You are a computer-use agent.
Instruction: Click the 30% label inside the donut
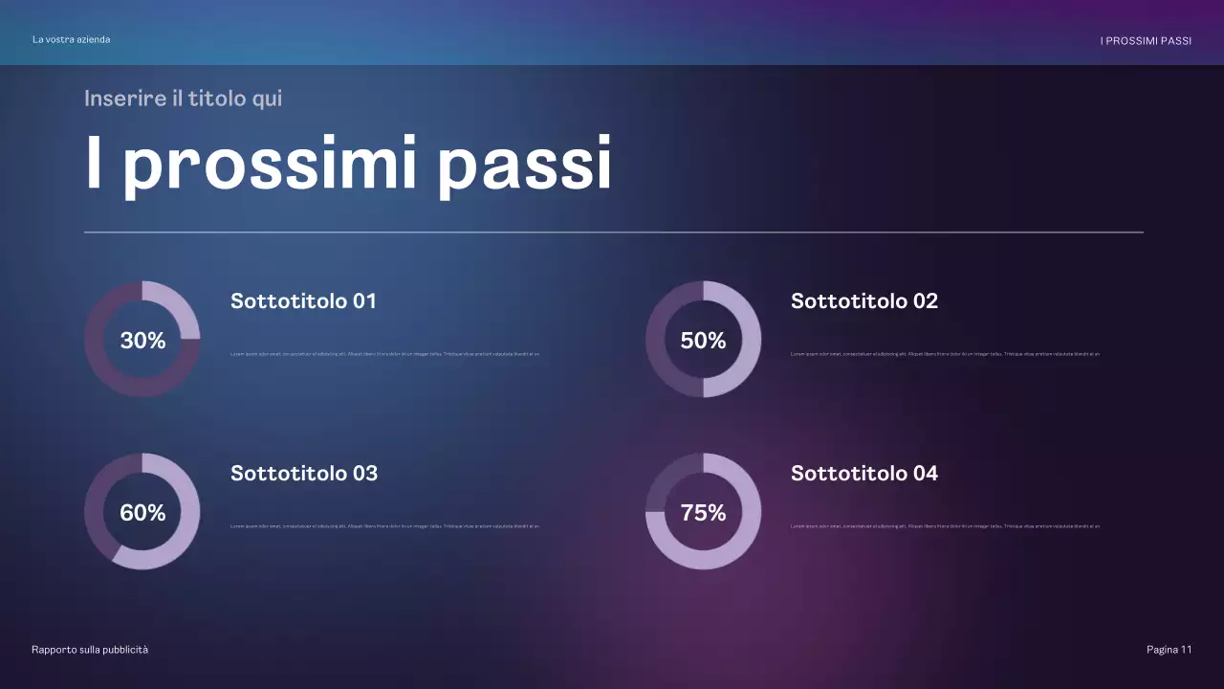click(142, 340)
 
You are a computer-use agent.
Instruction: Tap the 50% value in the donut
click(703, 340)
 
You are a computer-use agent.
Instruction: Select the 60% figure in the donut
click(142, 512)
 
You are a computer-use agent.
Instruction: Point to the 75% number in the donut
click(703, 512)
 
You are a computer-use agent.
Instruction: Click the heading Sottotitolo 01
click(303, 300)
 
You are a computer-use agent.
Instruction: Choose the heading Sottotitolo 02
click(863, 300)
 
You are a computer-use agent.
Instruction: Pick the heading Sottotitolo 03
click(304, 473)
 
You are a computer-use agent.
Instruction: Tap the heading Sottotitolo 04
click(863, 473)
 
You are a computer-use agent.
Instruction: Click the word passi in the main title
click(524, 164)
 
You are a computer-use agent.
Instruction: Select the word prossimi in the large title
click(270, 164)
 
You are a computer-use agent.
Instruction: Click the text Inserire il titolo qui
click(183, 98)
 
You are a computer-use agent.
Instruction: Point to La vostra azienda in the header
click(71, 39)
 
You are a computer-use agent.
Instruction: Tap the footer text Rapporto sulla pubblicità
click(90, 650)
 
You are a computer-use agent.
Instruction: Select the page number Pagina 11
click(1169, 650)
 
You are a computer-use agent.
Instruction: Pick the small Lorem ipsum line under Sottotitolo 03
click(384, 526)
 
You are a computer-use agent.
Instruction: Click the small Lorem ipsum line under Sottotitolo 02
click(945, 354)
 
